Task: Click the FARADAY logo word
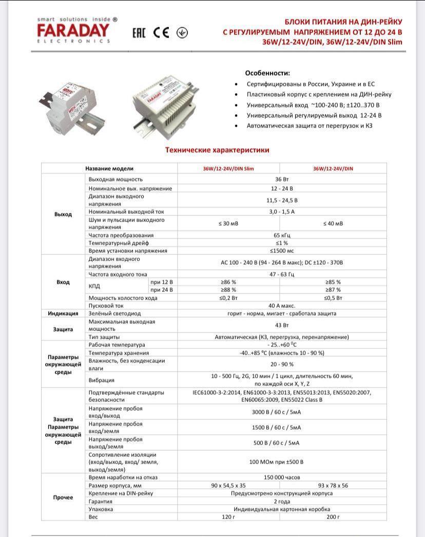point(73,30)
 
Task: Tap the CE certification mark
point(161,32)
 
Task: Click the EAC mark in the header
point(139,33)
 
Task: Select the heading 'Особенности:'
point(267,73)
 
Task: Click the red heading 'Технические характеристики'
point(217,150)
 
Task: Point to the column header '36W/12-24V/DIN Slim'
point(228,169)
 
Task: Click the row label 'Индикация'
point(63,313)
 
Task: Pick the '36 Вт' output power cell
point(282,179)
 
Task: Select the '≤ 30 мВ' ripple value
point(228,224)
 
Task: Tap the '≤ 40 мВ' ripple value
point(333,224)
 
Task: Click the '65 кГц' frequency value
point(282,235)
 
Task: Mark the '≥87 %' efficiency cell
point(333,290)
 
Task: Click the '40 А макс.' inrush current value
point(282,306)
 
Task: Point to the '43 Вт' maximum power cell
point(282,325)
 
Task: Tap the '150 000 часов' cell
point(282,477)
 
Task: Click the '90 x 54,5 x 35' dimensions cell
point(228,486)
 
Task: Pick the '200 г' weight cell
point(333,517)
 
